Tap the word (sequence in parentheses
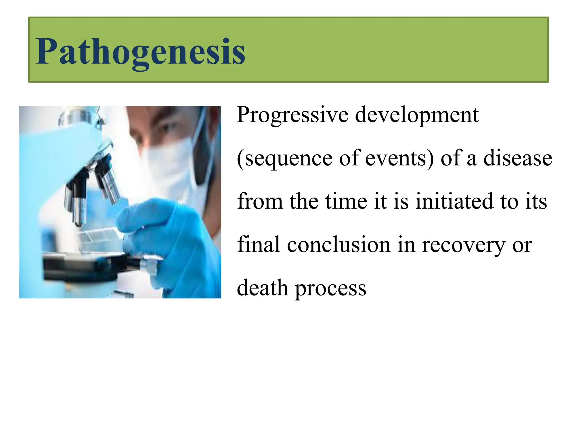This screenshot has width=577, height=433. click(x=285, y=159)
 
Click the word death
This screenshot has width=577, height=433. click(x=262, y=288)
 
